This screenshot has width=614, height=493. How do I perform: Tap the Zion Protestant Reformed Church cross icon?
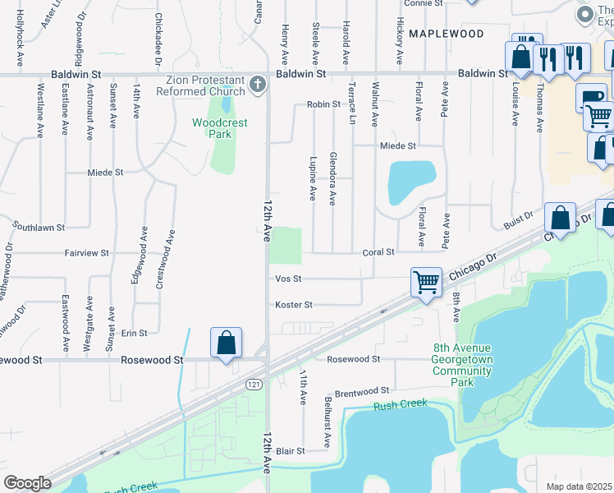[257, 84]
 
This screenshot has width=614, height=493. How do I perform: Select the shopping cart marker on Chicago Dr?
[427, 283]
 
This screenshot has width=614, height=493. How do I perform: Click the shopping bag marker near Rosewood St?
[226, 343]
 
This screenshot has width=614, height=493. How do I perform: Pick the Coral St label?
[378, 252]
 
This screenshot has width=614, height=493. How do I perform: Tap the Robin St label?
[323, 105]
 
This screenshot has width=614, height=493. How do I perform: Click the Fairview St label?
[87, 253]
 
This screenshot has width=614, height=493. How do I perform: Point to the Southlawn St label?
[39, 226]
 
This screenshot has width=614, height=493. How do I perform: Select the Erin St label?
[134, 333]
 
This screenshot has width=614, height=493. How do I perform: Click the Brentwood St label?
[360, 392]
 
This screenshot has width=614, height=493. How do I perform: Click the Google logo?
[27, 483]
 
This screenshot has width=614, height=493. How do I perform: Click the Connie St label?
[424, 3]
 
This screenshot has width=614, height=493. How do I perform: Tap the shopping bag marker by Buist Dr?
[560, 219]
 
